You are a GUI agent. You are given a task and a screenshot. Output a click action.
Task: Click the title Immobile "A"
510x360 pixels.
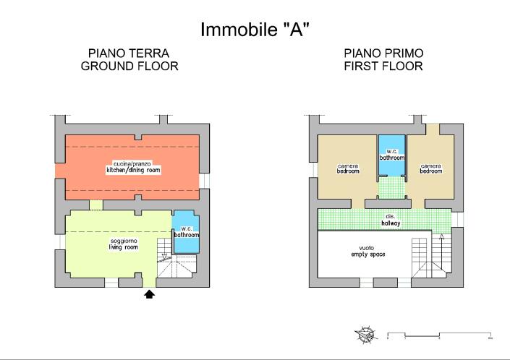255,30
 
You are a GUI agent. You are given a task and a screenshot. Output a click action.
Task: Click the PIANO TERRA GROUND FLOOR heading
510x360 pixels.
129,60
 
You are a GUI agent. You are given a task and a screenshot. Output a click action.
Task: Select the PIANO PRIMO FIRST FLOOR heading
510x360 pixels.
383,60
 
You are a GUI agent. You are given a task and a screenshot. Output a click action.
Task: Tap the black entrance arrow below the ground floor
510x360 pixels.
150,294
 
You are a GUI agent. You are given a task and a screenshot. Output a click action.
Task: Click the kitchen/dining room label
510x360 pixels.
132,168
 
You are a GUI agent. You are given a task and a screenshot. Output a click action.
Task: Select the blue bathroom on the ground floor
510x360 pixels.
186,232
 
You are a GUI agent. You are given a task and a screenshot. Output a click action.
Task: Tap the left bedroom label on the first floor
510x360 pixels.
348,168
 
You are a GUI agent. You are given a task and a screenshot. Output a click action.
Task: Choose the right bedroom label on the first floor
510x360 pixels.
431,168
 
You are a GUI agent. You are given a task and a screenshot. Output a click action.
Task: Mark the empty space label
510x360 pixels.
367,252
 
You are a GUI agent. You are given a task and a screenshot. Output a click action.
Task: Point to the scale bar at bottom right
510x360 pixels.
439,335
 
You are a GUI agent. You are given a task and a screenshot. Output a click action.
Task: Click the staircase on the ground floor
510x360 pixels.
175,264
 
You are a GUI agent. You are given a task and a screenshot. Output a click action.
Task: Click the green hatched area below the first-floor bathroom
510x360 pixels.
391,188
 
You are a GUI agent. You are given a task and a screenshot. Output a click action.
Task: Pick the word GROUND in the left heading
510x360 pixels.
106,67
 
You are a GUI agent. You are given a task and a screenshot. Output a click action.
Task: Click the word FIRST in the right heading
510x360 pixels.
362,67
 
